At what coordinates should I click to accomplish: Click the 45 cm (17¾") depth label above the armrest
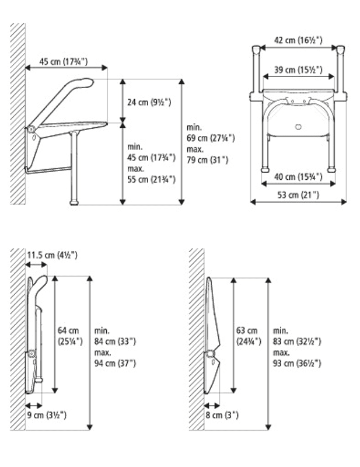(64, 62)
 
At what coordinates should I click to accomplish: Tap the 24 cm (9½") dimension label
(149, 102)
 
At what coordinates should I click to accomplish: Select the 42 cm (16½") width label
(298, 40)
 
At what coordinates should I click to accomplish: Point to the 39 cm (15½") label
(298, 69)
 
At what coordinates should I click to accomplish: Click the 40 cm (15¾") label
(298, 177)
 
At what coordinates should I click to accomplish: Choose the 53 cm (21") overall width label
(298, 195)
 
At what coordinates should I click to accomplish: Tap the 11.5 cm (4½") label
(53, 255)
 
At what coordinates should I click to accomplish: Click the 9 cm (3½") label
(47, 415)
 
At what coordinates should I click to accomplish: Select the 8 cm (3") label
(222, 415)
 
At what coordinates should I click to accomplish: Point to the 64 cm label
(68, 330)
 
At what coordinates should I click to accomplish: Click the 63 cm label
(247, 330)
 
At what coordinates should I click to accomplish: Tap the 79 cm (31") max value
(208, 160)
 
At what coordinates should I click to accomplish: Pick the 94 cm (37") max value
(116, 363)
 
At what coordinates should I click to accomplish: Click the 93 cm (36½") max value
(297, 363)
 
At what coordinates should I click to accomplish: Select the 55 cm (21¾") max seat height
(152, 180)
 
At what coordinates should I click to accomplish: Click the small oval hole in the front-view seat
(298, 127)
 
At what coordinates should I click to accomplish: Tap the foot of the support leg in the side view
(75, 203)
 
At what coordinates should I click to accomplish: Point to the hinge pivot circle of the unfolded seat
(30, 130)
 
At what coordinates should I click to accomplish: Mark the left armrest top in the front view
(256, 48)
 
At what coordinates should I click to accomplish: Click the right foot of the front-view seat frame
(331, 170)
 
